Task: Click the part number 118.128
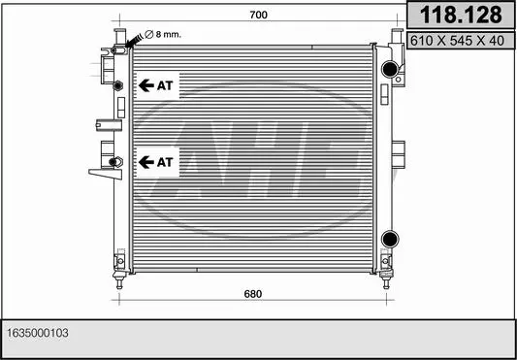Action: pos(461,15)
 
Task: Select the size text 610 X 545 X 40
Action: pos(457,41)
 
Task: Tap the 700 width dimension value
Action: pos(258,15)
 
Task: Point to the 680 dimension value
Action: pos(253,294)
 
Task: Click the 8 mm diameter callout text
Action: pos(163,34)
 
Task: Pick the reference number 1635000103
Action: pos(38,333)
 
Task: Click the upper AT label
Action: pos(165,85)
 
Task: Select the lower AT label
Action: pos(165,162)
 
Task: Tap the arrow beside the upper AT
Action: pos(146,85)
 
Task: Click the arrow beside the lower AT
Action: pos(146,162)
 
